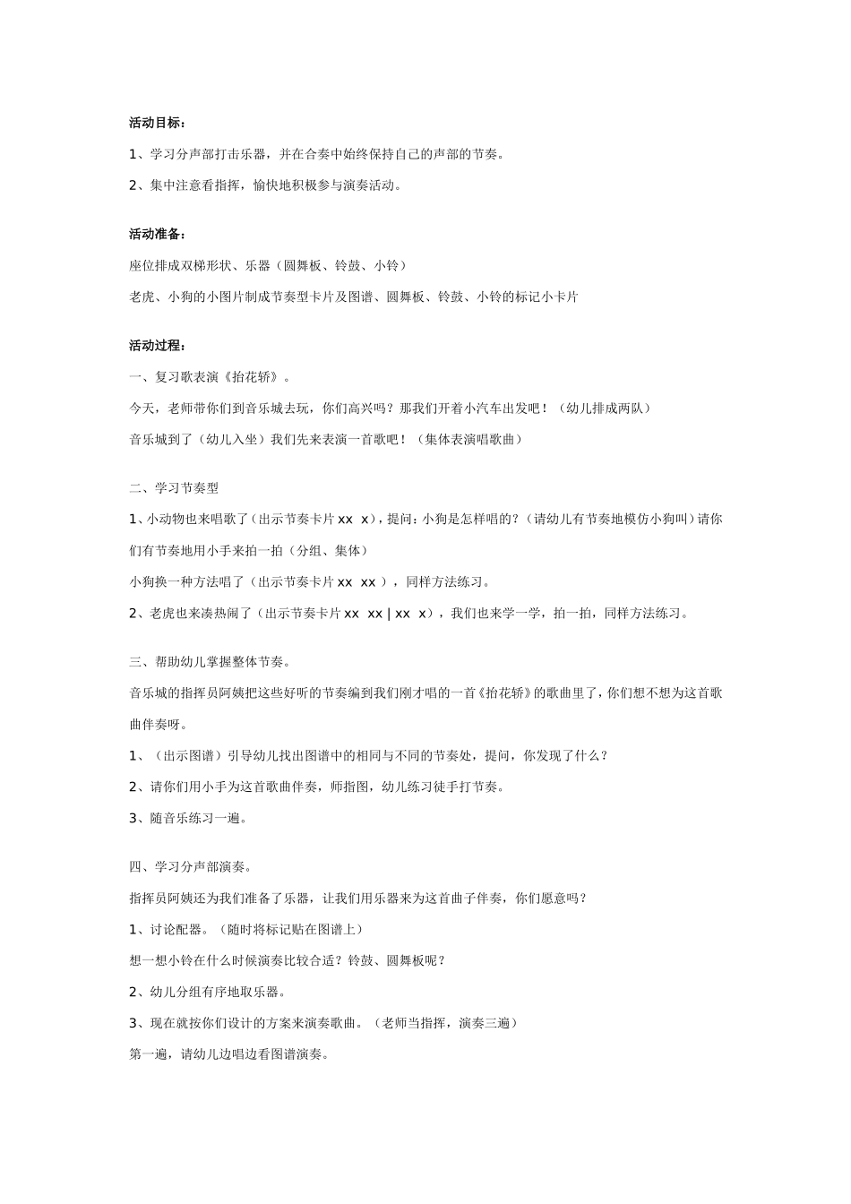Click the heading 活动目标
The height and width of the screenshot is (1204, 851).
coord(157,123)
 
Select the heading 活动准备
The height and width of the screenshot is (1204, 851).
coord(157,234)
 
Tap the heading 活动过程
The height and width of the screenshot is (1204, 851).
coord(157,345)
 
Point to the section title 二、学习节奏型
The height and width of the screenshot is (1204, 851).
coord(174,488)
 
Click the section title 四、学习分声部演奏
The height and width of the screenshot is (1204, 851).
coord(191,866)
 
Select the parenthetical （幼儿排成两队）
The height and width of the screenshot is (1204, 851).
coord(603,408)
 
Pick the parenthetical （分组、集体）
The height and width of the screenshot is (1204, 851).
coord(322,550)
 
